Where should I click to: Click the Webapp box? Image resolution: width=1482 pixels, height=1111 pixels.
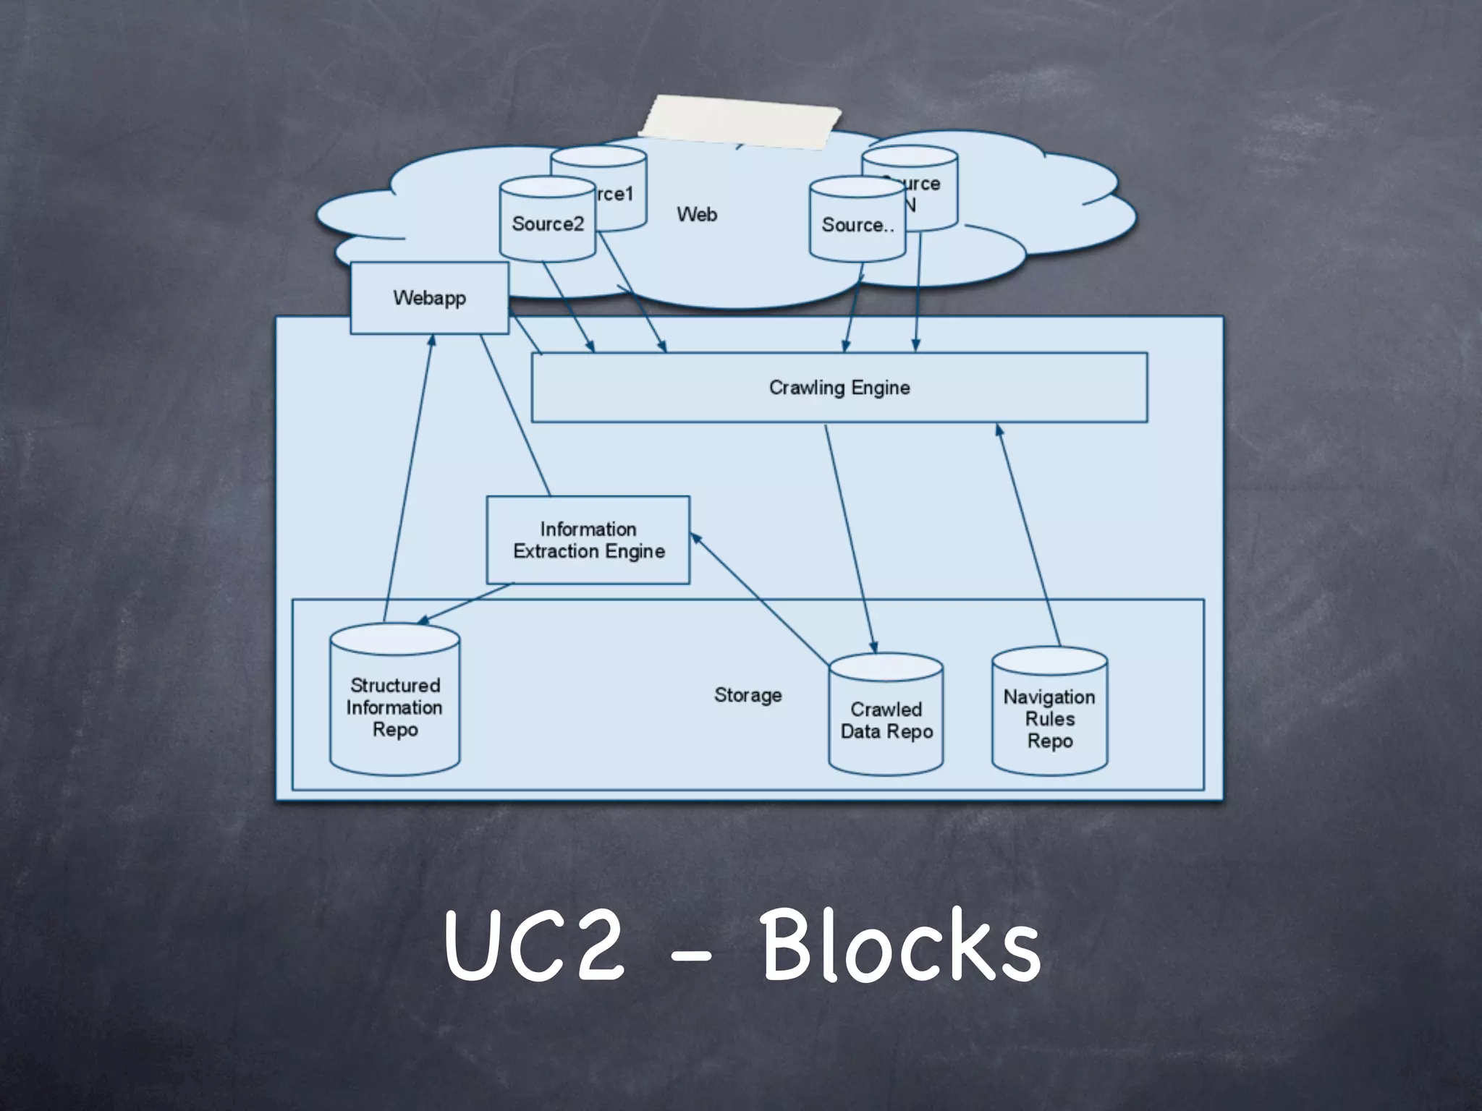429,298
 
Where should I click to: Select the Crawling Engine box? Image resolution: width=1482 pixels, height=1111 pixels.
839,388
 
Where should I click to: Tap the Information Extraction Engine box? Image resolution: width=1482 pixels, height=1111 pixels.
588,540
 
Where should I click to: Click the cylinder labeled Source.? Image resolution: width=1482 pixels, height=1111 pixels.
858,224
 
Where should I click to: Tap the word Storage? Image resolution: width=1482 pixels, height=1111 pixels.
748,695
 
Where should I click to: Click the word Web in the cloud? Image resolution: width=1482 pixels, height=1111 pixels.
697,214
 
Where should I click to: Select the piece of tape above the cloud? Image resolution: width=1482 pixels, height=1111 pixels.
740,121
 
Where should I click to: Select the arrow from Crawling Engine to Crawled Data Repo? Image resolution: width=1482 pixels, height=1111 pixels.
850,539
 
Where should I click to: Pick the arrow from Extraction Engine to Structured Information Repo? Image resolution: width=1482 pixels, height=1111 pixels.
465,604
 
